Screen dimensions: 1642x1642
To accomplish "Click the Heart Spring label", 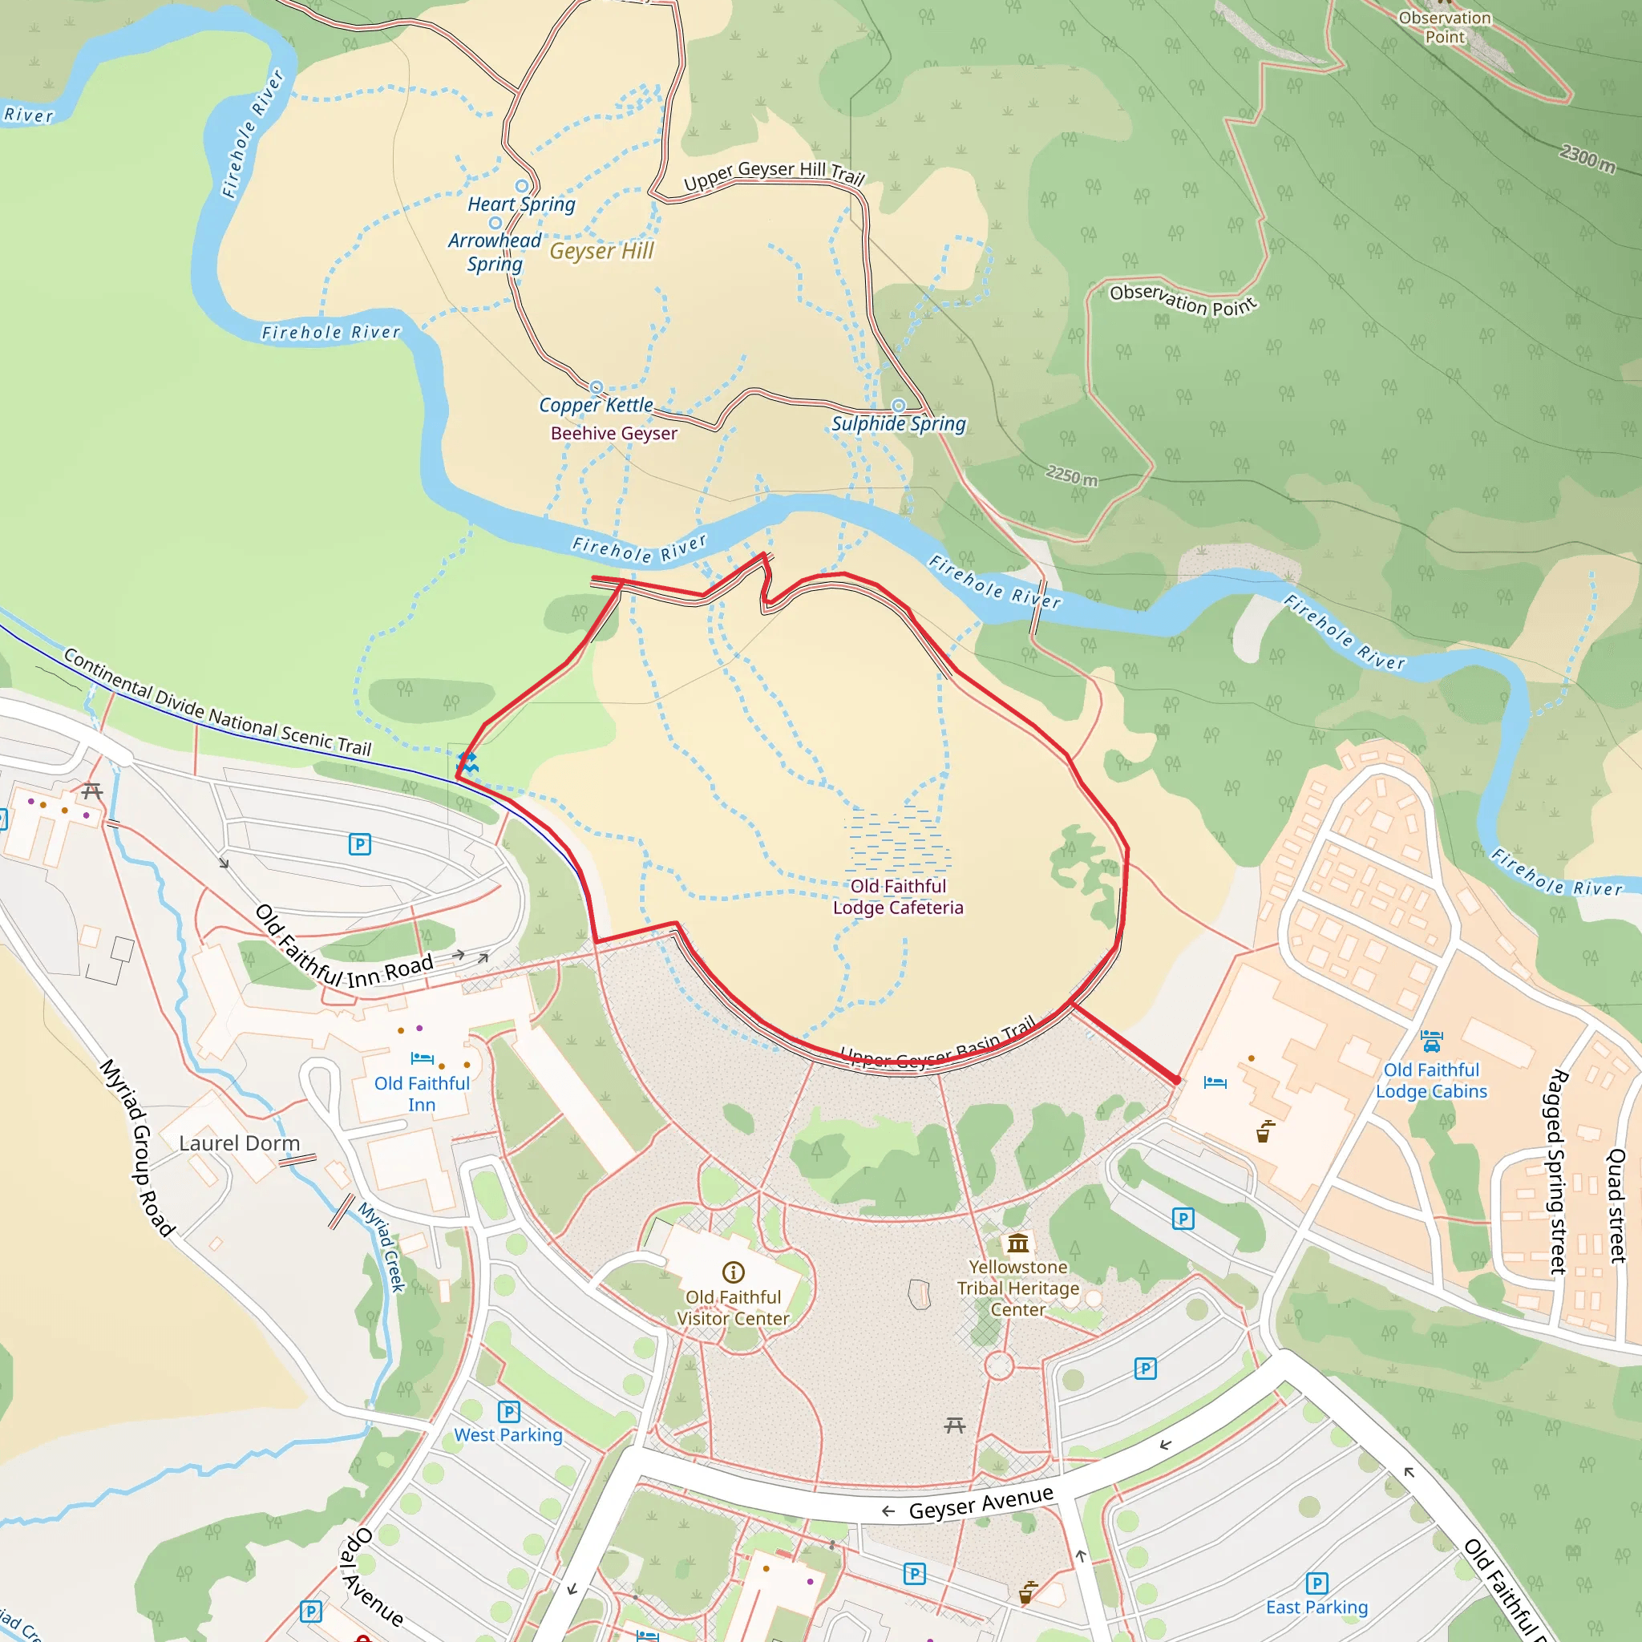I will [x=521, y=204].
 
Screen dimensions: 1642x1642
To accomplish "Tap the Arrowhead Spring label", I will [x=495, y=252].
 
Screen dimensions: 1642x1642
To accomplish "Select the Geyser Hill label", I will [x=602, y=251].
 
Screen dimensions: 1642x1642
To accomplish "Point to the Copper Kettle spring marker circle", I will [x=597, y=387].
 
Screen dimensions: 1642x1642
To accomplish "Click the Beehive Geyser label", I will [x=613, y=434].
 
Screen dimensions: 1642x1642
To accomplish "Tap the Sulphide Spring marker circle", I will [x=898, y=406].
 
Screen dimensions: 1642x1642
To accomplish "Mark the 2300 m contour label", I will [x=1587, y=157].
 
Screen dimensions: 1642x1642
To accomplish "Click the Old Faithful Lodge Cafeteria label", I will [x=898, y=896].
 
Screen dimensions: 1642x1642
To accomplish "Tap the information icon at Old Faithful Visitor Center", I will [x=734, y=1272].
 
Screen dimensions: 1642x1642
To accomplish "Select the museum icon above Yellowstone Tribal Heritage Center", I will [x=1018, y=1244].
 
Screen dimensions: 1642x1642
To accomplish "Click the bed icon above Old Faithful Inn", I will [x=423, y=1059].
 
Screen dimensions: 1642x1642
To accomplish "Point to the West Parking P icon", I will [x=508, y=1412].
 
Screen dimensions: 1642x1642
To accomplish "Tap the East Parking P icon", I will [x=1316, y=1583].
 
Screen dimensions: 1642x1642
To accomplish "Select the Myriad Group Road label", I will [x=138, y=1147].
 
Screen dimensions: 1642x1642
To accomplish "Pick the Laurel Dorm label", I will [x=239, y=1143].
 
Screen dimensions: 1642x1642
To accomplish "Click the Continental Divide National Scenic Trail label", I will [x=217, y=703].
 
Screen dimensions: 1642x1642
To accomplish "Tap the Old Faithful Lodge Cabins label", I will [x=1431, y=1080].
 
